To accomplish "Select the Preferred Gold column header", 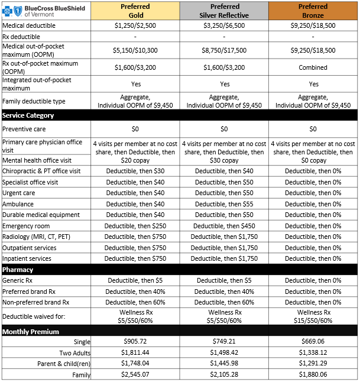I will [x=135, y=11].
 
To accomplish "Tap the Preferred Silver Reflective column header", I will [x=224, y=11].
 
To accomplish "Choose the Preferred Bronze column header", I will [x=313, y=11].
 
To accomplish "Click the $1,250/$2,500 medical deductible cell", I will [x=135, y=26].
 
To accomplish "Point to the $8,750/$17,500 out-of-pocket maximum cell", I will [x=224, y=51].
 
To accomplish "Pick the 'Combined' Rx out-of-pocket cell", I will [x=313, y=67].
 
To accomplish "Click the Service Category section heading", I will [x=28, y=115].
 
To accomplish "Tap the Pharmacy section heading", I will [x=19, y=270].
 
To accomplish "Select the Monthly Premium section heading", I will [x=31, y=332].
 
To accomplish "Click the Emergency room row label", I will [x=26, y=226].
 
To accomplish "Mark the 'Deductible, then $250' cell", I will [x=135, y=226].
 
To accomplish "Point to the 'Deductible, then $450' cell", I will [x=224, y=226].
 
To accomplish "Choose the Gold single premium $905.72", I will [x=135, y=342].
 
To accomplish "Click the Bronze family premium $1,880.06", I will [x=313, y=374].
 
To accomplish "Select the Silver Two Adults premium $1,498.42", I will [x=224, y=353].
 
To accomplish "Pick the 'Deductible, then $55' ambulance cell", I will [x=224, y=204].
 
